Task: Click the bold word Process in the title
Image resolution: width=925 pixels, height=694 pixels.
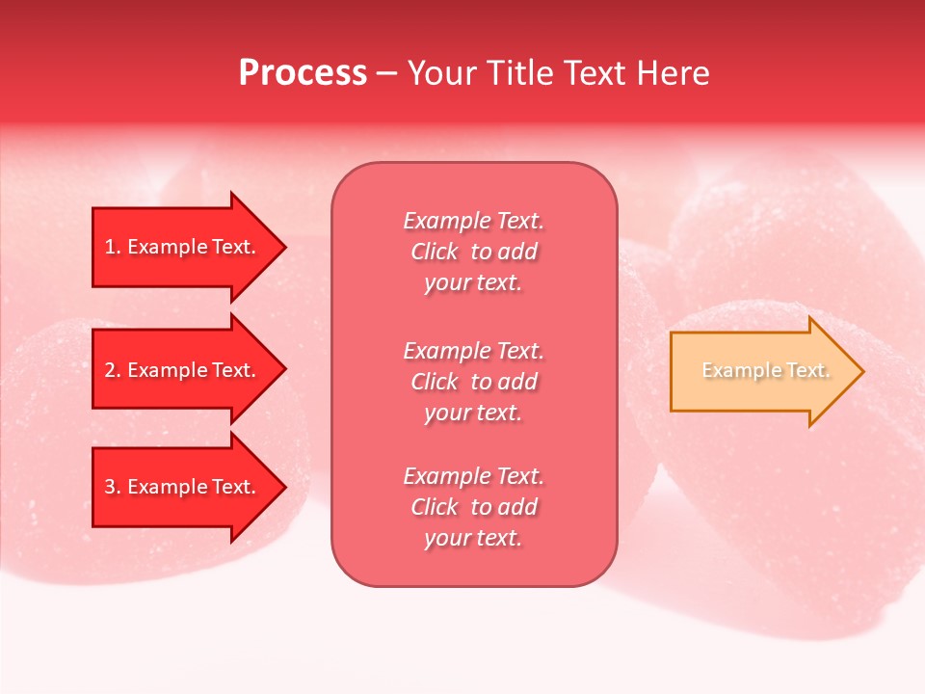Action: (x=303, y=73)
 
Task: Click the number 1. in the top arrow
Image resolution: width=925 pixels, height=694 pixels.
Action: (x=113, y=247)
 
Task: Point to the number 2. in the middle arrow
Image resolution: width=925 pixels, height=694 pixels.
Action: (x=113, y=370)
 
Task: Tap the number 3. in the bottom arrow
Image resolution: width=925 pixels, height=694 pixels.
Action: (x=113, y=487)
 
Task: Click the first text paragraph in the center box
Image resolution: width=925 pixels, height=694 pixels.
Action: (x=473, y=252)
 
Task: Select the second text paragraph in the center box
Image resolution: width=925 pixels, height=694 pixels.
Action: (x=473, y=382)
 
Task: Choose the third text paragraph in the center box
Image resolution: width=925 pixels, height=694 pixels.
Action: (x=473, y=507)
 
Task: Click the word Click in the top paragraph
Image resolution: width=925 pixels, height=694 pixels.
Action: (x=435, y=252)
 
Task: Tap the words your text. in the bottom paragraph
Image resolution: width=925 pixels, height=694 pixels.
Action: (x=473, y=538)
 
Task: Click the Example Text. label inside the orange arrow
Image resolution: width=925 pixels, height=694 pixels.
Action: (x=765, y=370)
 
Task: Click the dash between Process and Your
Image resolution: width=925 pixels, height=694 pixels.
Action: (x=386, y=74)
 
